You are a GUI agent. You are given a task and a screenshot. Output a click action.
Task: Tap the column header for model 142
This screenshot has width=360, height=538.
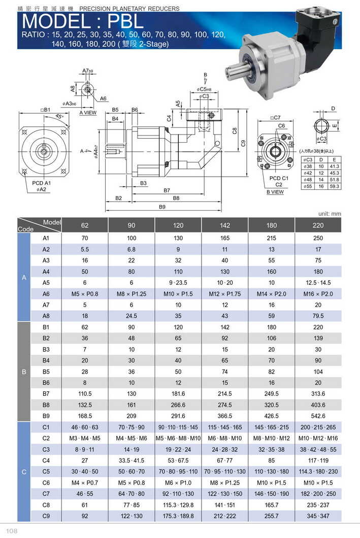(224, 225)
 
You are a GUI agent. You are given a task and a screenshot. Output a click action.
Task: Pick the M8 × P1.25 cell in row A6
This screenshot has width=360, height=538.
(131, 293)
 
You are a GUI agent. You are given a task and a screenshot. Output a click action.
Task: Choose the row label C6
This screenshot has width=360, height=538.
(45, 483)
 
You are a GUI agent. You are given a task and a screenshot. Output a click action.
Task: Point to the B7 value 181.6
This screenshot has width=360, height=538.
(178, 393)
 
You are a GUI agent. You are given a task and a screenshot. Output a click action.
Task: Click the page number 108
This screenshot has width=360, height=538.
(12, 530)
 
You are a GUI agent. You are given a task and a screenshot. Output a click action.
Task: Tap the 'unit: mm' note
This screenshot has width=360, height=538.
(330, 214)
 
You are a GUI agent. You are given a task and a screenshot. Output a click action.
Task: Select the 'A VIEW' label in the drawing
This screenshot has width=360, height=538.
(88, 113)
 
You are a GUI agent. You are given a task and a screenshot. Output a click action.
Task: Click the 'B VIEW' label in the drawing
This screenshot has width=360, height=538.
(275, 192)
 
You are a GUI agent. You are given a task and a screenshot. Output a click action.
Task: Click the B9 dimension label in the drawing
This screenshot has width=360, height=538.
(162, 207)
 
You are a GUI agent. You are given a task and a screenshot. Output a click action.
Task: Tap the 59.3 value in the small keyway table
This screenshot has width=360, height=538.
(335, 186)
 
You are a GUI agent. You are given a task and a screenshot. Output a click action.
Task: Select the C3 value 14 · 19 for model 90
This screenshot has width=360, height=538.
(131, 449)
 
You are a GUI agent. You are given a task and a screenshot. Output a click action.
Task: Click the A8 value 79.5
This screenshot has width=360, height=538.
(318, 315)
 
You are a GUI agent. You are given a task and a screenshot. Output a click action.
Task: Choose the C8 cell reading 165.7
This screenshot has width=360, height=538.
(271, 505)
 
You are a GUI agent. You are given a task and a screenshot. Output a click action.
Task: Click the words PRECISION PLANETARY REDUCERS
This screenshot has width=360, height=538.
(129, 9)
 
